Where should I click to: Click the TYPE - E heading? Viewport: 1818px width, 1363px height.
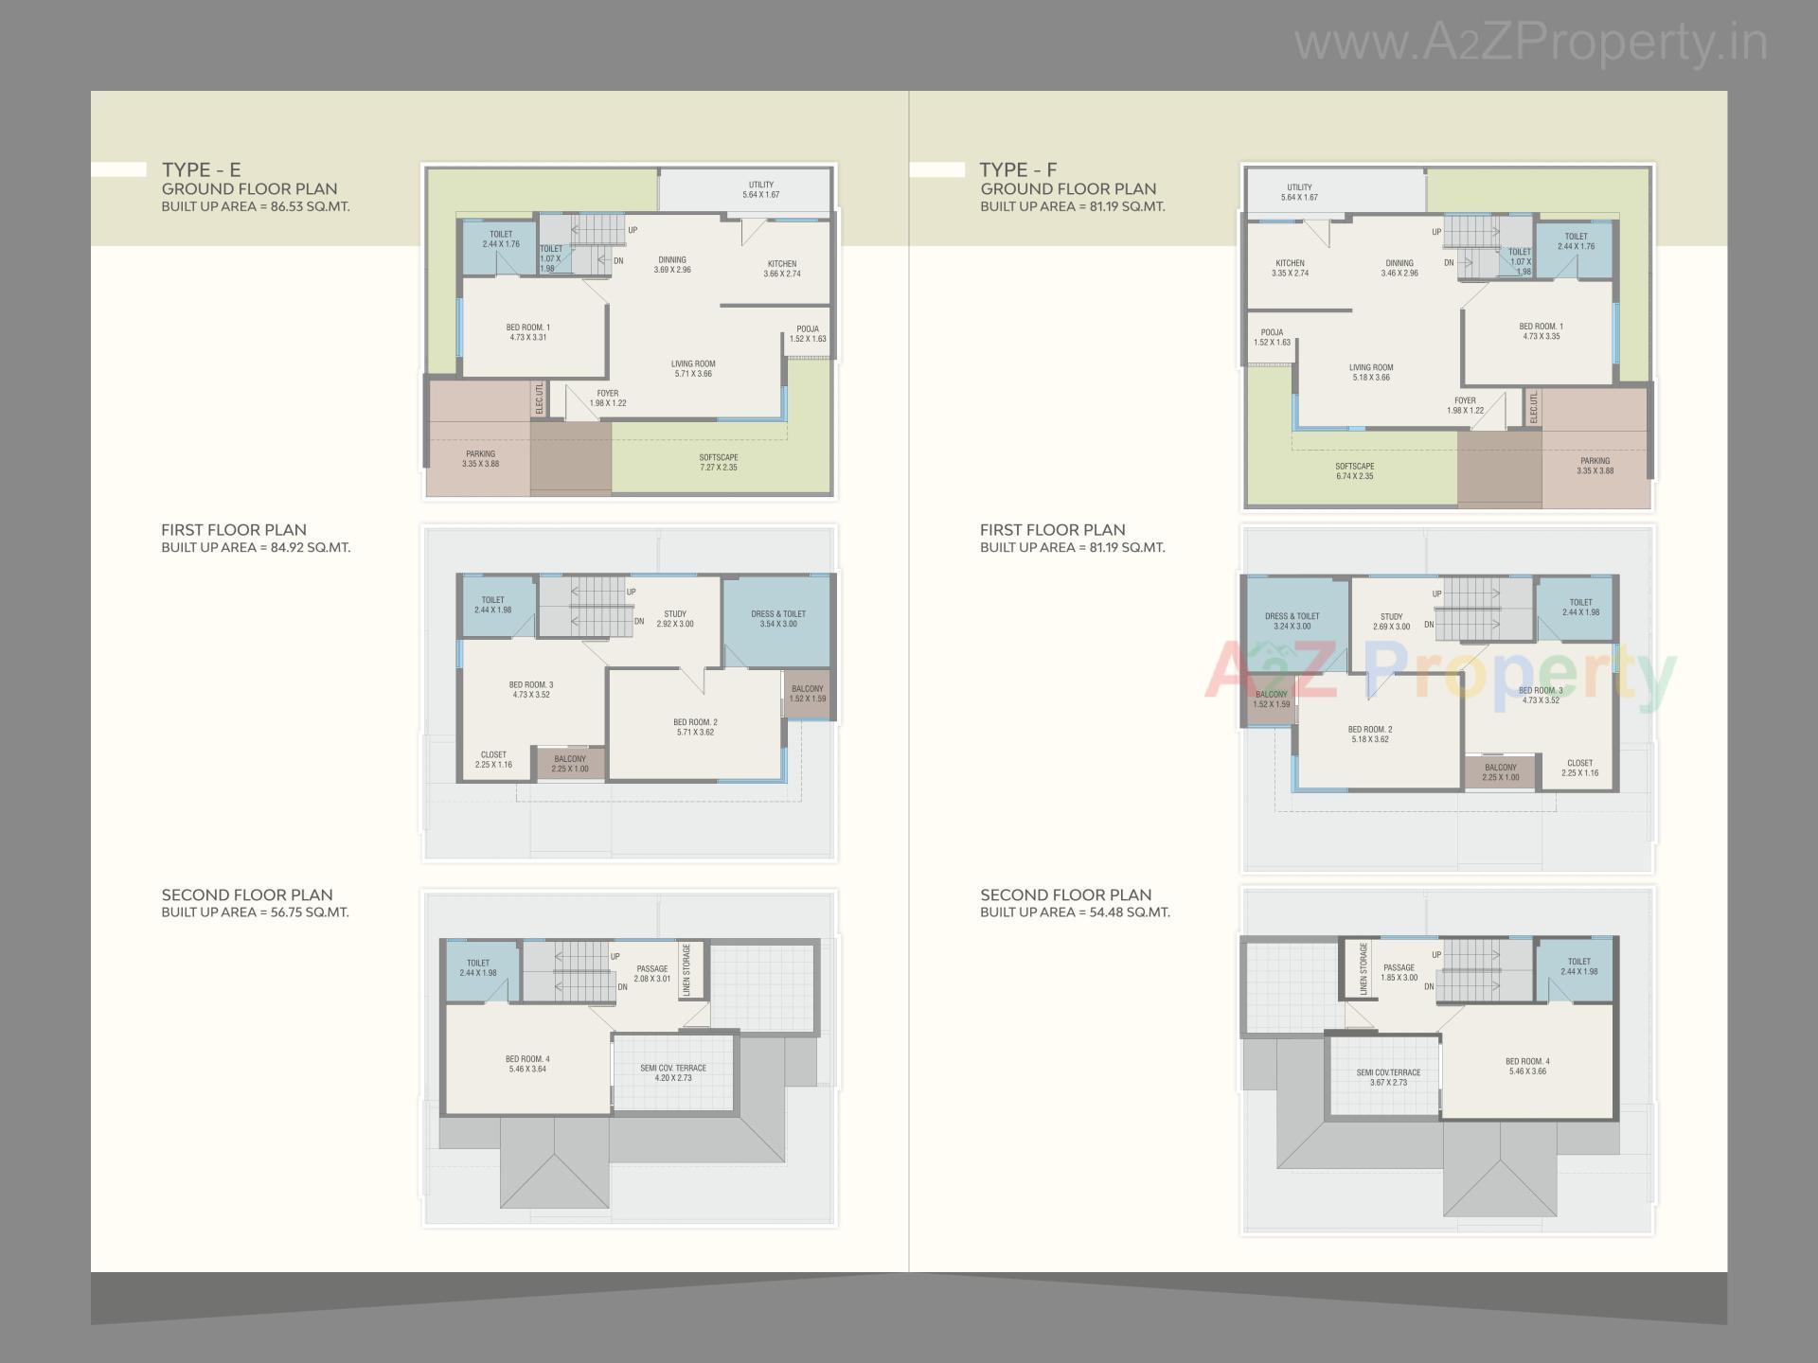[x=201, y=169]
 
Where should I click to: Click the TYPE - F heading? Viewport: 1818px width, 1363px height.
[x=1018, y=169]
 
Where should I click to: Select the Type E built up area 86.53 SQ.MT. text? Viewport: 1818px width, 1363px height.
[x=255, y=206]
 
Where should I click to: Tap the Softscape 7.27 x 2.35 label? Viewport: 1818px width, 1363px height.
[x=719, y=462]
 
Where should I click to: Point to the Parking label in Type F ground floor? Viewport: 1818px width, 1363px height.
[x=1595, y=466]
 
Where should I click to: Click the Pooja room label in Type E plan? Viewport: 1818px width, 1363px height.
[x=808, y=333]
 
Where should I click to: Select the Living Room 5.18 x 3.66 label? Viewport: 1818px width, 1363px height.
[x=1371, y=372]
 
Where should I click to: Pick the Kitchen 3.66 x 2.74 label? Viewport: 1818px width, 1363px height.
[x=782, y=269]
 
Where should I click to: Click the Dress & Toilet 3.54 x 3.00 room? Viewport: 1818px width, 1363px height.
[x=778, y=618]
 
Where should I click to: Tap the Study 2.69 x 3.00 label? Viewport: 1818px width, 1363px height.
[x=1391, y=621]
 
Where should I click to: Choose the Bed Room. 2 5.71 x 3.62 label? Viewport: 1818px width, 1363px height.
[x=695, y=727]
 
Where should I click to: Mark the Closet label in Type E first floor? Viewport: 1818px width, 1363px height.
[x=493, y=759]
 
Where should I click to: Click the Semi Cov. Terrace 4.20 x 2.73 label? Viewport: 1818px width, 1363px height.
[x=673, y=1072]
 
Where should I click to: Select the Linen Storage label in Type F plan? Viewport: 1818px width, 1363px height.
[x=1363, y=968]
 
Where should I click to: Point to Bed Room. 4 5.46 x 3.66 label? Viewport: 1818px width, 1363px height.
[x=1527, y=1066]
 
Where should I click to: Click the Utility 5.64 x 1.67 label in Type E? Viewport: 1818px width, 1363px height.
[x=760, y=189]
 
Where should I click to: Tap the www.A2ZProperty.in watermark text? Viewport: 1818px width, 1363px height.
[x=1530, y=43]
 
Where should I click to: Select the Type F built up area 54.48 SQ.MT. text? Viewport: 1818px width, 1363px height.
[x=1075, y=912]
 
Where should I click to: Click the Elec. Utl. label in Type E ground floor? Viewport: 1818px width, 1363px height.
[x=540, y=398]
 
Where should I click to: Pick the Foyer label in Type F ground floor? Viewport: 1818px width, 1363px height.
[x=1465, y=405]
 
